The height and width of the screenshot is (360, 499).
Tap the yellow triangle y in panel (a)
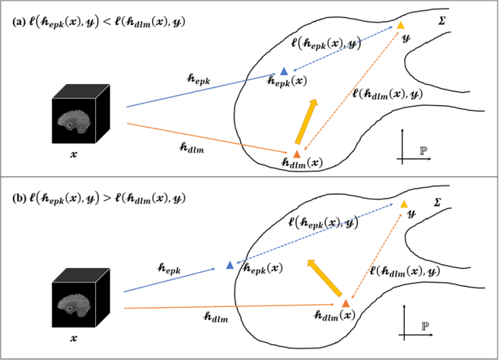coord(400,26)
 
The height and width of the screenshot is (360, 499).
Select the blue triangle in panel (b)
coord(229,266)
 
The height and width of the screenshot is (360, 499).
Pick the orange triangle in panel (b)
coord(342,301)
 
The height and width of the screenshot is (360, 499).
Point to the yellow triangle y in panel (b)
coord(403,204)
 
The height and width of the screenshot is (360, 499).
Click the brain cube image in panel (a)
coord(78,117)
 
